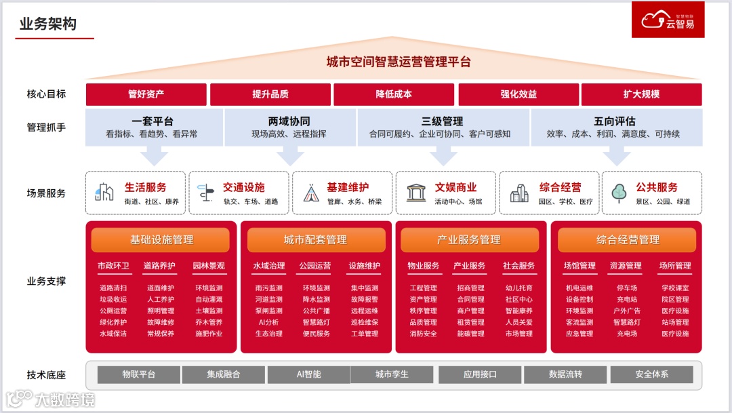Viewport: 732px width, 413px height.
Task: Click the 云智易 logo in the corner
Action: click(668, 20)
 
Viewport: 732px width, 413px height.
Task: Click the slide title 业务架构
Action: click(48, 24)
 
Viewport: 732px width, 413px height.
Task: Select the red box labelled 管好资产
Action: click(146, 94)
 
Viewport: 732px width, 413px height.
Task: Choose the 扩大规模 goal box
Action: click(641, 94)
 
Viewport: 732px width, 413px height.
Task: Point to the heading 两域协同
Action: click(289, 121)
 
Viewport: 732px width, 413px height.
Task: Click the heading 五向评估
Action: click(614, 121)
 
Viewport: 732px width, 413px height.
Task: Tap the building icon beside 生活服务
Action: click(104, 193)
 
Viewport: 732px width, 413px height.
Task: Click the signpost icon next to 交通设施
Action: click(205, 193)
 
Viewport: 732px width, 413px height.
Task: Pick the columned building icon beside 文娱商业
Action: click(416, 193)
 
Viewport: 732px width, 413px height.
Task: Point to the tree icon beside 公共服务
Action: click(619, 193)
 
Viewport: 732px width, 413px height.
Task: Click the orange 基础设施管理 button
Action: click(161, 239)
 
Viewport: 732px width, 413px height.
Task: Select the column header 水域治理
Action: click(269, 266)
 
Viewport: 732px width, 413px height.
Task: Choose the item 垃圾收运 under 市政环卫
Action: click(113, 300)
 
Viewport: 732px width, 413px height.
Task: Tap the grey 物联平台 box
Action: click(139, 374)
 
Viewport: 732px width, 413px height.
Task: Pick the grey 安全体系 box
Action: click(651, 374)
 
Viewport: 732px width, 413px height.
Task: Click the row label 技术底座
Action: click(46, 374)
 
